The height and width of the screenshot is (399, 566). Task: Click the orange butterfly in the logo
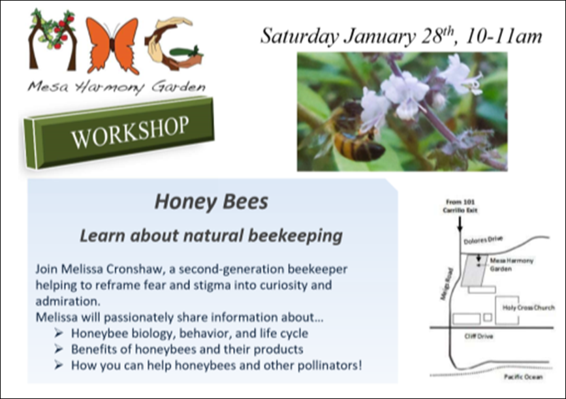(112, 46)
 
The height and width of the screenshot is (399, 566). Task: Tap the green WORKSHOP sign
(119, 133)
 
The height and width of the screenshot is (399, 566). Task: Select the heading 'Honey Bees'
(211, 202)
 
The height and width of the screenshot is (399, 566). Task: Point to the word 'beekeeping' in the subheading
(295, 236)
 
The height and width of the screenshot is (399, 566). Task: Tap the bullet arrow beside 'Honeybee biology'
(59, 333)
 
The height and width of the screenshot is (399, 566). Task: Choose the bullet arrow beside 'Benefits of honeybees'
(59, 349)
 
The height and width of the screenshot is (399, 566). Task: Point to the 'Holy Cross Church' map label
(528, 308)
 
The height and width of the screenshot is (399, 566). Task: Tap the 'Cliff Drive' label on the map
(479, 336)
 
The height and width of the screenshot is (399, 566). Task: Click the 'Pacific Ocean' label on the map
(523, 377)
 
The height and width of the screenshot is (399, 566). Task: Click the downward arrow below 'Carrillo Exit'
(460, 223)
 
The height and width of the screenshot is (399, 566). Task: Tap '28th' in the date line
(437, 35)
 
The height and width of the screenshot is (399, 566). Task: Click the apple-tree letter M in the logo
(52, 40)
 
